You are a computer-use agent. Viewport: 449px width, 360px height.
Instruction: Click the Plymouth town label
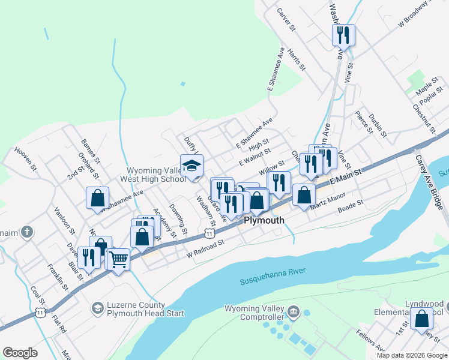pos(264,221)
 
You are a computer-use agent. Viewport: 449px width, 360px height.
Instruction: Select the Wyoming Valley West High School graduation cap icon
pos(191,166)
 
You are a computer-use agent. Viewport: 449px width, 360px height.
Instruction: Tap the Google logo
pos(20,353)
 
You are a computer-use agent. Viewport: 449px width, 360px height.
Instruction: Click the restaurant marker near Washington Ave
pos(343,35)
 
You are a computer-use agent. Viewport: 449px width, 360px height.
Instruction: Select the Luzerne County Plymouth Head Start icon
pos(97,308)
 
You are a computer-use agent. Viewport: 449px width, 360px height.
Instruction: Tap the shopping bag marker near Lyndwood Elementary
pos(421,318)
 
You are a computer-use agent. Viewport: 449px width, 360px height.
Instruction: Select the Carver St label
pos(286,19)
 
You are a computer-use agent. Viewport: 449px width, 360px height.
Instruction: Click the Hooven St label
pos(26,160)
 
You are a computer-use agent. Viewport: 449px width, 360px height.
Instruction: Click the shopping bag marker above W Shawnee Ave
pos(97,199)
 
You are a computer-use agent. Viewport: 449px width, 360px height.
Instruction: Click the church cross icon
pos(26,231)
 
